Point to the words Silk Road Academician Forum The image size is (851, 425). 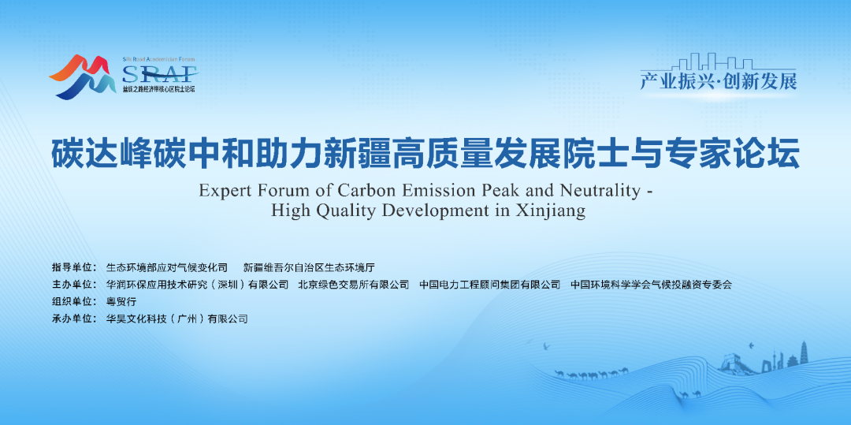click(x=158, y=58)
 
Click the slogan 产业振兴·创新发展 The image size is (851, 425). click(x=718, y=81)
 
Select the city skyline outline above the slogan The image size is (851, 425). click(x=716, y=62)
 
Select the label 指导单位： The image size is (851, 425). click(x=74, y=267)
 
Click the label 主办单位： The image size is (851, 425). click(x=74, y=285)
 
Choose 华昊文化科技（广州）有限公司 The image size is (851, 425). click(x=177, y=319)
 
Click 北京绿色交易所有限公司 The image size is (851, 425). click(x=353, y=285)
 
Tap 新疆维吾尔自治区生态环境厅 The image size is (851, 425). click(x=310, y=267)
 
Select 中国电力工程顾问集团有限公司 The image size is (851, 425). click(x=490, y=285)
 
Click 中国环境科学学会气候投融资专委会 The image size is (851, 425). click(x=652, y=285)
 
